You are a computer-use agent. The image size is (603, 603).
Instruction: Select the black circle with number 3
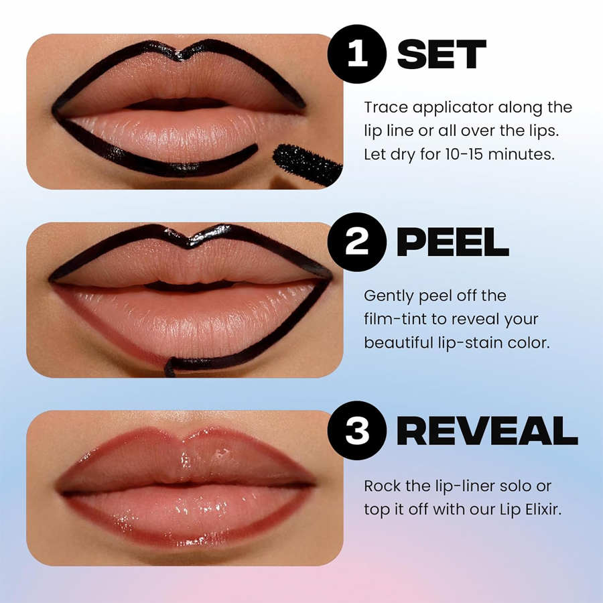pyautogui.click(x=358, y=431)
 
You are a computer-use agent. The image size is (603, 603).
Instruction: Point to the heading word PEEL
pyautogui.click(x=452, y=242)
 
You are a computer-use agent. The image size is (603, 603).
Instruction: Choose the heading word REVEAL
pyautogui.click(x=487, y=431)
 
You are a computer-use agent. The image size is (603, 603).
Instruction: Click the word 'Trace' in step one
pyautogui.click(x=386, y=107)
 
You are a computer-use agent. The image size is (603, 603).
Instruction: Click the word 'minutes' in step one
pyautogui.click(x=524, y=154)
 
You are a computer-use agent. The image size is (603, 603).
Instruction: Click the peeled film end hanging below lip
pyautogui.click(x=171, y=366)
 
